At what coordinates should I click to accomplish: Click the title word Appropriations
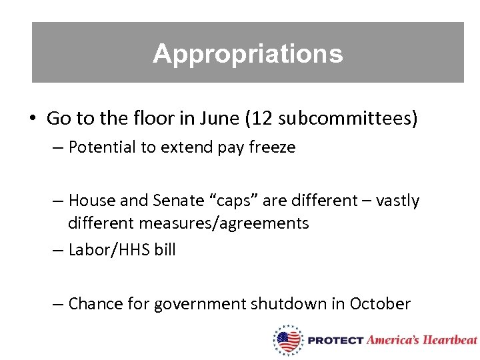coord(247,53)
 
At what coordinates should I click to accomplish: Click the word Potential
coord(102,147)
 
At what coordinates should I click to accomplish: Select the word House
coord(91,200)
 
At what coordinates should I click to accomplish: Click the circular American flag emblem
coord(288,340)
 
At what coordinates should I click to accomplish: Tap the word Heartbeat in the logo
coord(451,340)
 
